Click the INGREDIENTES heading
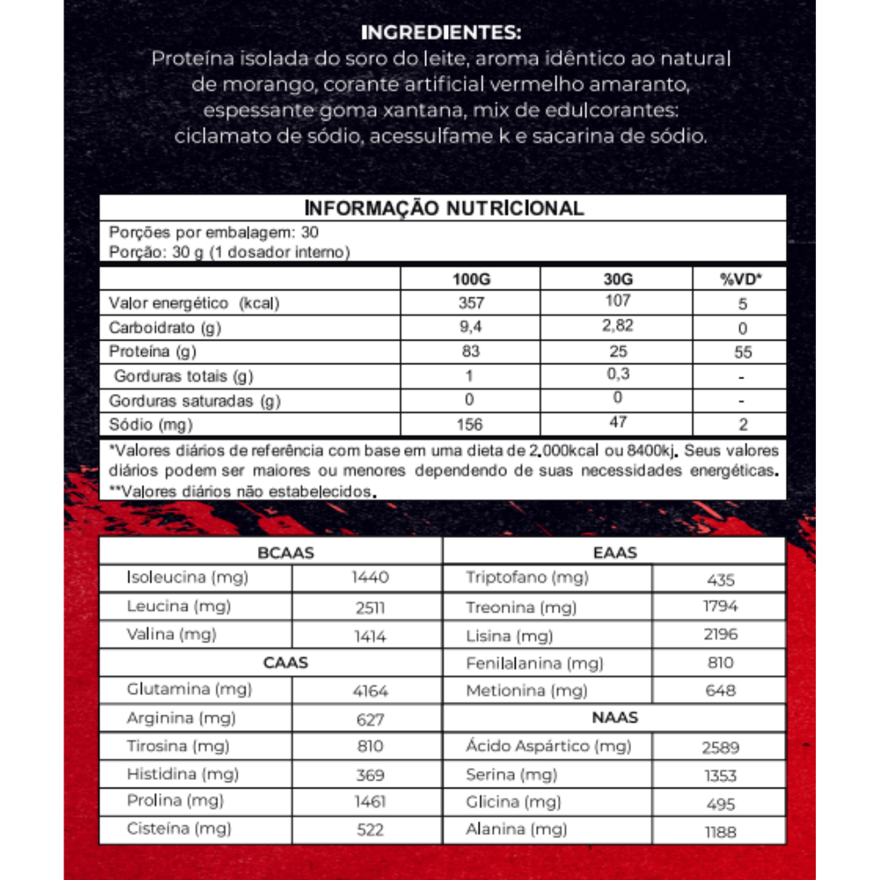pos(441,34)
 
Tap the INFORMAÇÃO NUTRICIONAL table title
pos(444,209)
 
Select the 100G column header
pos(470,280)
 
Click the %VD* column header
pos(741,280)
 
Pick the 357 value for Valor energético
pos(470,304)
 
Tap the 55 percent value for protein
pos(742,352)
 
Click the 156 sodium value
pos(470,425)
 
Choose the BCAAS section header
pos(286,553)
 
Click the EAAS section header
pos(615,553)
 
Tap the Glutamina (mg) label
pos(189,689)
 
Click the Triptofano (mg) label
pos(527,578)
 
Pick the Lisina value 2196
pos(721,634)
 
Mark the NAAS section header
pos(615,718)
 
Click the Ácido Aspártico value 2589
pos(721,748)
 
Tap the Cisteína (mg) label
pos(179,828)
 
